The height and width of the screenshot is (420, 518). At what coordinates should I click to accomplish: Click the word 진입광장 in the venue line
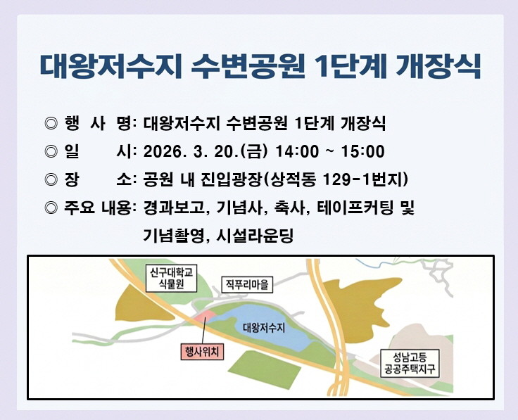(x=229, y=179)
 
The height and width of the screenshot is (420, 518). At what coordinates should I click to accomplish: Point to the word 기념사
(x=241, y=208)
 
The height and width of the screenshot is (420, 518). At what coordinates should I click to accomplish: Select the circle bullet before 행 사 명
(x=50, y=124)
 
